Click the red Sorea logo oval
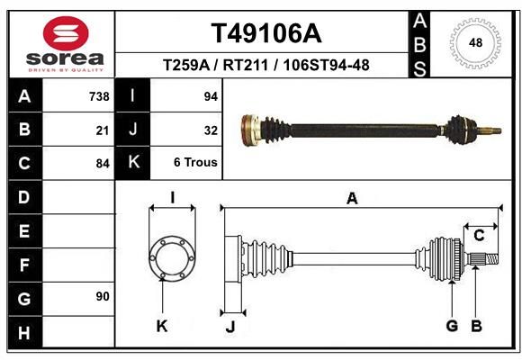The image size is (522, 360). tap(66, 33)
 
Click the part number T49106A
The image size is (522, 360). tap(266, 33)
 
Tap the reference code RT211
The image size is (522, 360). tap(246, 65)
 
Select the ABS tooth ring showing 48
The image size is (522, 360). tap(475, 43)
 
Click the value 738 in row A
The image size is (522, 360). tap(99, 96)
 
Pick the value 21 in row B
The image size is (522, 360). tap(103, 130)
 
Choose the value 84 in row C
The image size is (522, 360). tap(103, 164)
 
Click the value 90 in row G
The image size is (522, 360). tap(103, 296)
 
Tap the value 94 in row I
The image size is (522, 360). tap(211, 96)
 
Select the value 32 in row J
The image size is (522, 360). tap(211, 130)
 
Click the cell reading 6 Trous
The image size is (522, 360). tap(195, 162)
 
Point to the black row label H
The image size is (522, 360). tap(25, 332)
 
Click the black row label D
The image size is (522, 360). tap(25, 197)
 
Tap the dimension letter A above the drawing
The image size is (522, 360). tap(352, 199)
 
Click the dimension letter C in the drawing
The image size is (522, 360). tap(479, 236)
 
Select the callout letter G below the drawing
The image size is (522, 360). tap(452, 326)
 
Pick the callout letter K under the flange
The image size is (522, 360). tap(162, 327)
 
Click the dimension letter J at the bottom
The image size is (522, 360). tap(230, 327)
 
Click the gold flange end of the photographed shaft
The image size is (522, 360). tap(250, 130)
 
